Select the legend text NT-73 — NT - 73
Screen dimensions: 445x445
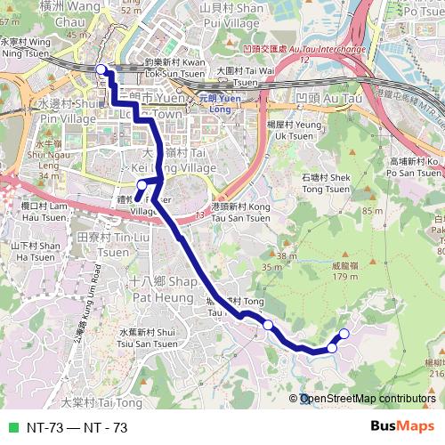(x=77, y=427)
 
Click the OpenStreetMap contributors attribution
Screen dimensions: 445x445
(x=367, y=400)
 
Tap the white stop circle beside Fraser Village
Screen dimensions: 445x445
(x=142, y=184)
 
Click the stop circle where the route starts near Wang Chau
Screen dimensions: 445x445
(x=101, y=69)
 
